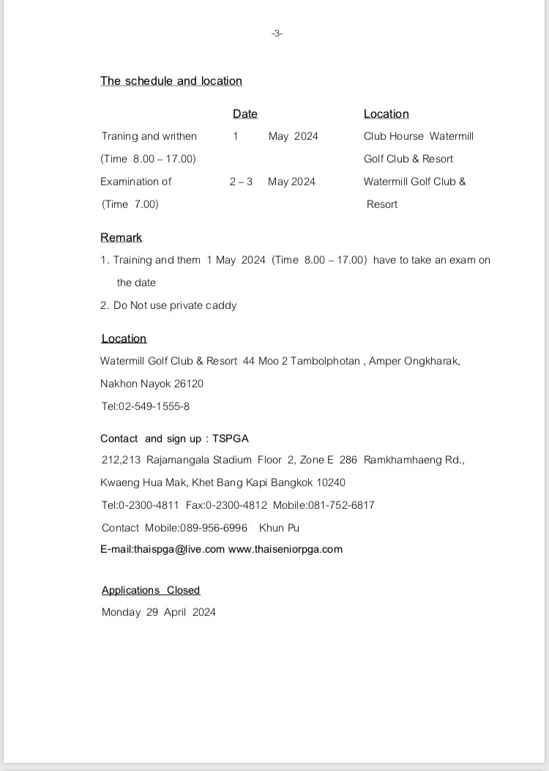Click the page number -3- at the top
[277, 34]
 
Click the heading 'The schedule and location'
[171, 81]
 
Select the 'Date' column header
[245, 113]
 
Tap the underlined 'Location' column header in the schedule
[386, 113]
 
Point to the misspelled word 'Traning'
[119, 136]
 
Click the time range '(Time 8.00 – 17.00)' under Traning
[149, 159]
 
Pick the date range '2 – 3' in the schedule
[241, 182]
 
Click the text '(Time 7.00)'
[130, 204]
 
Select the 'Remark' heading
[121, 238]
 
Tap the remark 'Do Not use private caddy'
[175, 305]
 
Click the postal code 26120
[189, 384]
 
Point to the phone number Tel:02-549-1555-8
[146, 406]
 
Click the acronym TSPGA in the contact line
[231, 439]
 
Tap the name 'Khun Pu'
[279, 528]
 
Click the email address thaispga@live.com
[179, 549]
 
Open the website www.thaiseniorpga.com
[285, 549]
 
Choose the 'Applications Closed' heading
[151, 590]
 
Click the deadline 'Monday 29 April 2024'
[159, 612]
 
